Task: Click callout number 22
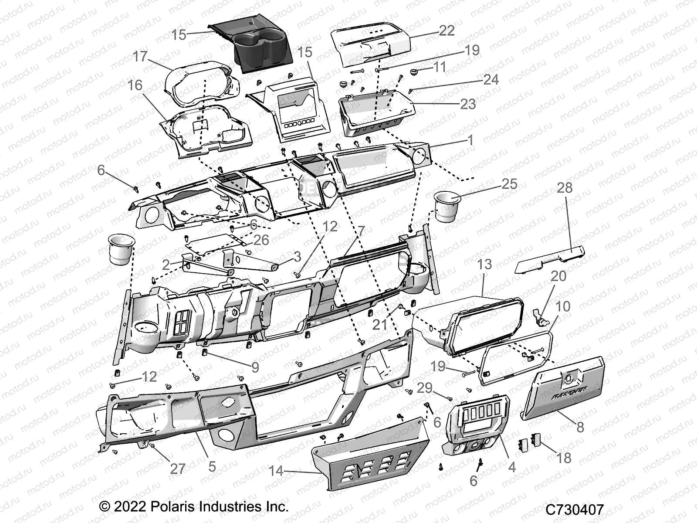click(x=447, y=30)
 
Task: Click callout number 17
click(x=141, y=57)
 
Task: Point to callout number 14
click(x=276, y=471)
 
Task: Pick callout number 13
click(x=484, y=265)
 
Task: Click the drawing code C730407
click(x=576, y=509)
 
